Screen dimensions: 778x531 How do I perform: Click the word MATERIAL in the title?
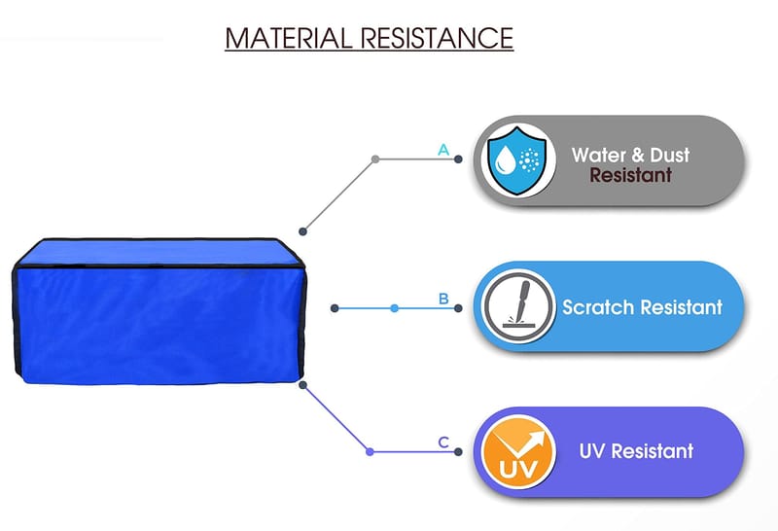288,38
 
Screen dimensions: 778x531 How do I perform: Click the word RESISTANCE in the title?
437,38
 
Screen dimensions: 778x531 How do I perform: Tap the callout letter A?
443,150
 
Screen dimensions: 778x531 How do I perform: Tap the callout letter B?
443,299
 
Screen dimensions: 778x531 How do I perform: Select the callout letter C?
443,442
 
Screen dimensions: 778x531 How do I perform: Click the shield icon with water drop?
517,159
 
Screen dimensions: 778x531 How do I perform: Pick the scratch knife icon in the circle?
518,306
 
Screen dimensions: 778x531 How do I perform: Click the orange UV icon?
518,451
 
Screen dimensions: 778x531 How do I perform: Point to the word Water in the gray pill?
600,156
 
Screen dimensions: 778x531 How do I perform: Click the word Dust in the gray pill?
669,156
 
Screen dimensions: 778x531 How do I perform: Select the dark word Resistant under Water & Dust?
630,175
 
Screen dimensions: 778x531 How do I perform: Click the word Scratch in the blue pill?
597,307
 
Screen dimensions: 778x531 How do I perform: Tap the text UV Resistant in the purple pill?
636,451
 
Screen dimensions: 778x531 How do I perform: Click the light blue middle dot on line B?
395,308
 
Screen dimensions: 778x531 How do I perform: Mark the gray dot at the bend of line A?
375,159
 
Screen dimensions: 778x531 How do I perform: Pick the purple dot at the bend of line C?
370,451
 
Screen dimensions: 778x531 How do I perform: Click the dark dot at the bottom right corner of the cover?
303,385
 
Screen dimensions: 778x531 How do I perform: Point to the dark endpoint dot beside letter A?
458,159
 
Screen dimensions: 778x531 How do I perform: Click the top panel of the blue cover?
159,252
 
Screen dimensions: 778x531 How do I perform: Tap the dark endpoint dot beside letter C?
458,451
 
